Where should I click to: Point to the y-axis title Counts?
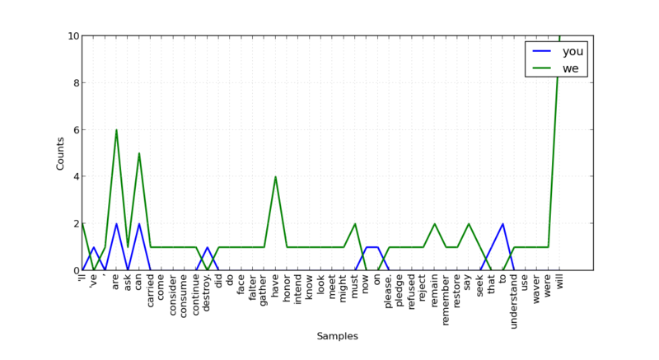[60, 153]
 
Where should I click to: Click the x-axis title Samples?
[338, 336]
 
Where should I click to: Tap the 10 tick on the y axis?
[73, 36]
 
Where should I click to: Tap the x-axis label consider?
[173, 295]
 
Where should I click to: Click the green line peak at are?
[116, 129]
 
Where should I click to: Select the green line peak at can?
[139, 153]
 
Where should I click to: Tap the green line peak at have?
[275, 177]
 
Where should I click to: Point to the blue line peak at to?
[502, 223]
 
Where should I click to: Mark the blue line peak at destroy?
[208, 247]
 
